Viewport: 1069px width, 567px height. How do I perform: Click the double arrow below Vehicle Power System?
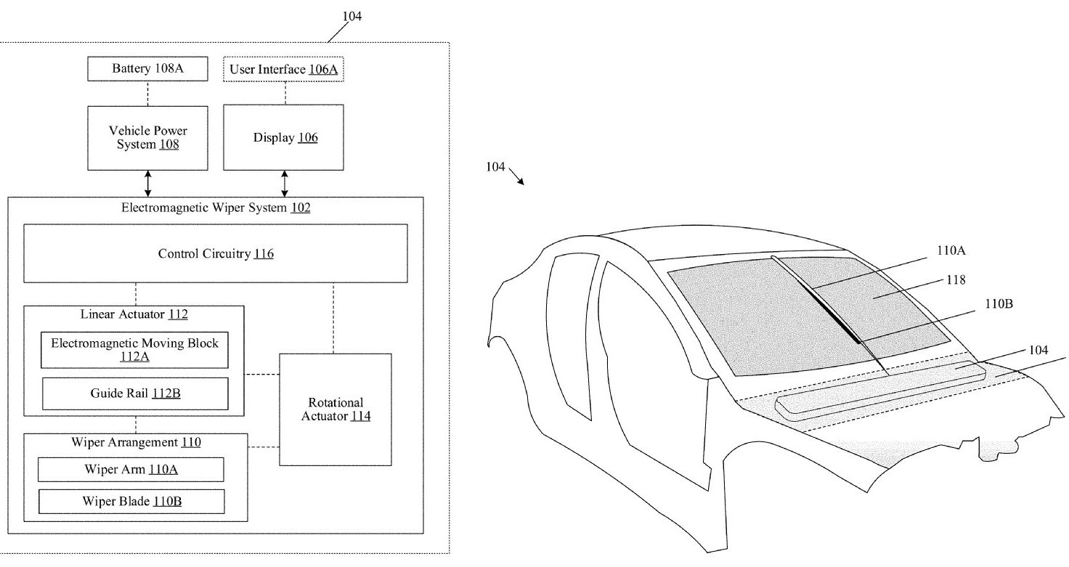148,184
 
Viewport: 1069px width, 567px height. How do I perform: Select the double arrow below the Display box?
285,184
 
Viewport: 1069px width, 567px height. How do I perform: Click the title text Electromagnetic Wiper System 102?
216,208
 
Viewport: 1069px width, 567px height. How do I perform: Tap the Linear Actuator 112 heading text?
134,314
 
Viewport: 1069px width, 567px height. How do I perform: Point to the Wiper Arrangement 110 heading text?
136,442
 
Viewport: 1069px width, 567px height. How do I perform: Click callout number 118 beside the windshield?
956,280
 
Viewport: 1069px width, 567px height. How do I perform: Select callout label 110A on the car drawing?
951,250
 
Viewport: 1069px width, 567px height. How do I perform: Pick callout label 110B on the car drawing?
999,303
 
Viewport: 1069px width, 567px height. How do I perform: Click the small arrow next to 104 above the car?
516,176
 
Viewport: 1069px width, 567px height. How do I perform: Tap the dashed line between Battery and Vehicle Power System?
148,94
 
